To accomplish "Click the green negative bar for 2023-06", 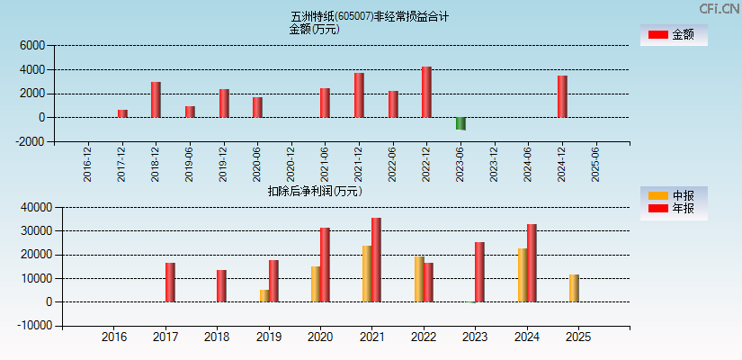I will click(x=460, y=123).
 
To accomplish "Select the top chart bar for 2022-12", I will click(x=426, y=92).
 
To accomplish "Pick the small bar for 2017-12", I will click(x=122, y=113).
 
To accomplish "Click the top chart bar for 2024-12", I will click(x=562, y=96).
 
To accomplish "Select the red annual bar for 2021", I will click(x=376, y=260).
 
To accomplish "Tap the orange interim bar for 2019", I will click(x=264, y=295).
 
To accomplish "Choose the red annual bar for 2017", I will click(x=170, y=283).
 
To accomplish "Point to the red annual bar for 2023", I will click(x=479, y=272).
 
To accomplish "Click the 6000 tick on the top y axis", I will click(x=31, y=45).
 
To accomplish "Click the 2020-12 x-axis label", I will click(x=291, y=164).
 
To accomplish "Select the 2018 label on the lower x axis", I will click(x=217, y=337).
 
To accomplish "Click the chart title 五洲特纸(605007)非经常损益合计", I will click(x=370, y=16).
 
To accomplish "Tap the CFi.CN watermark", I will click(x=719, y=9).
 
